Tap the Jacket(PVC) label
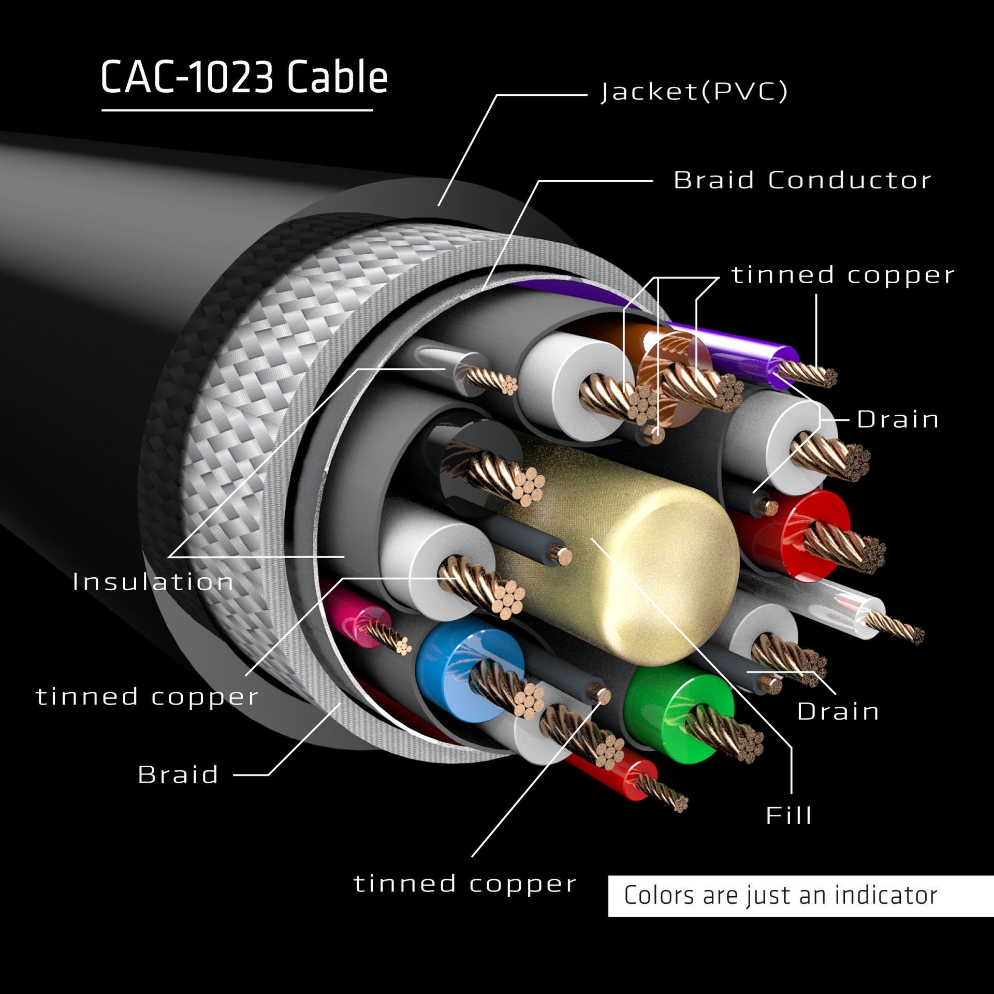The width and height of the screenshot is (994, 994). pyautogui.click(x=694, y=92)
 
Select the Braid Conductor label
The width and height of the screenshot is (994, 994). pyautogui.click(x=802, y=180)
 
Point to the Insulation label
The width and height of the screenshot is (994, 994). pyautogui.click(x=153, y=582)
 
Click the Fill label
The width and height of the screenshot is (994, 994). pyautogui.click(x=788, y=815)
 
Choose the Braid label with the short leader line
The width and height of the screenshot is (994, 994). pyautogui.click(x=178, y=774)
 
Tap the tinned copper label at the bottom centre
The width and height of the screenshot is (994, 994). pyautogui.click(x=464, y=884)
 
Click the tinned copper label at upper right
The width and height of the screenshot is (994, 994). pyautogui.click(x=842, y=275)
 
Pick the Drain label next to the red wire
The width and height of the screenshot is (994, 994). pyautogui.click(x=898, y=419)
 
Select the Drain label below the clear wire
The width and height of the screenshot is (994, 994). pyautogui.click(x=838, y=711)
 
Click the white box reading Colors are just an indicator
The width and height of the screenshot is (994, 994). pyautogui.click(x=800, y=896)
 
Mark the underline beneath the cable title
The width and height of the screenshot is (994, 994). pyautogui.click(x=237, y=110)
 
